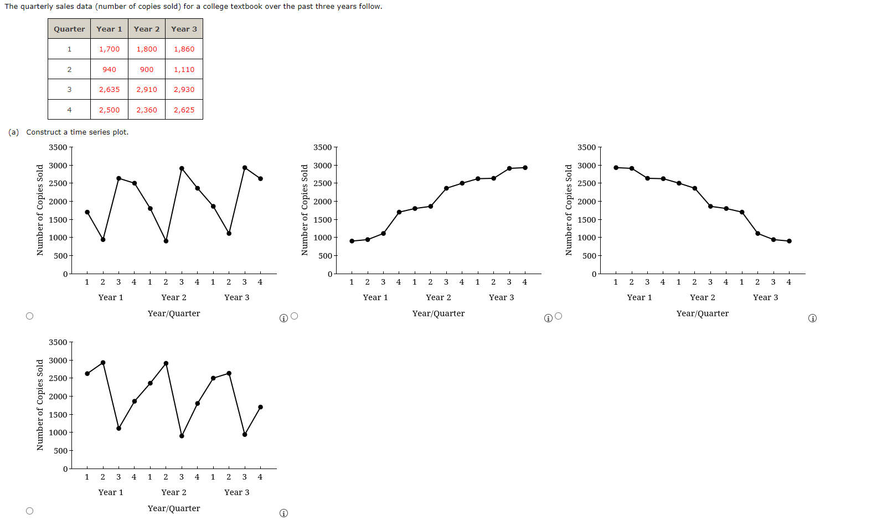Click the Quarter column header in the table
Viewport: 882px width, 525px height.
click(x=69, y=29)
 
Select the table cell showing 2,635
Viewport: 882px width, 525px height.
click(x=109, y=89)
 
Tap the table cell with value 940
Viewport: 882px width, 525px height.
click(x=109, y=69)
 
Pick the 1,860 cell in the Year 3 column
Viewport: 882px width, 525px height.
click(x=184, y=49)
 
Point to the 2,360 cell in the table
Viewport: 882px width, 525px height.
click(x=147, y=110)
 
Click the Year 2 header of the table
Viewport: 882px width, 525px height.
click(x=147, y=29)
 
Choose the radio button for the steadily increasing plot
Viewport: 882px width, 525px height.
click(x=295, y=316)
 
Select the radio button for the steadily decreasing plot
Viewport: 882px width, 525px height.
click(x=559, y=316)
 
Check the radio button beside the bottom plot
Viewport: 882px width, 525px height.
click(x=30, y=511)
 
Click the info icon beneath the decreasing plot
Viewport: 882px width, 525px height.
click(x=812, y=318)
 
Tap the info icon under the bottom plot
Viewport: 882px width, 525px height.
click(x=283, y=513)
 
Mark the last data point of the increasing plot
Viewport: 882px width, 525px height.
click(x=525, y=167)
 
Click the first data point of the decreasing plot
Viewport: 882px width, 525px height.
click(x=616, y=167)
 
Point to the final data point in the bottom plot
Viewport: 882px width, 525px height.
click(x=260, y=407)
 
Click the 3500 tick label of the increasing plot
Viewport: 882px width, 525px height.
click(x=322, y=147)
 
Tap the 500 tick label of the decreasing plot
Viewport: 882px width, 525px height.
click(x=589, y=256)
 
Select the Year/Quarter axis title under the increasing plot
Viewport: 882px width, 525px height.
click(x=439, y=313)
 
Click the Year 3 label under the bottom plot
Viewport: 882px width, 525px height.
click(x=236, y=492)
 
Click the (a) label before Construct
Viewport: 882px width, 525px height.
click(x=14, y=132)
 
